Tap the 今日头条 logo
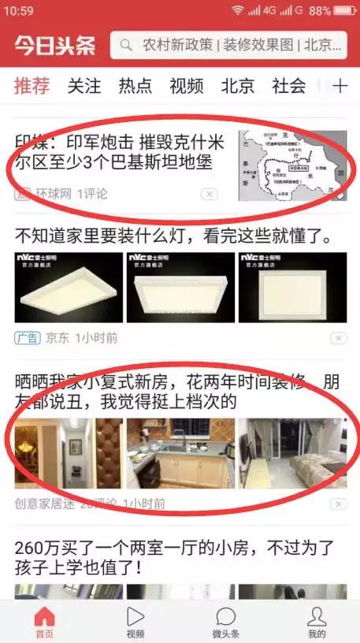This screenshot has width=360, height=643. (54, 46)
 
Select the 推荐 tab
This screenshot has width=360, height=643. (32, 86)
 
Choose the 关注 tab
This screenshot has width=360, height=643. (84, 86)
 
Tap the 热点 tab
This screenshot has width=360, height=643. (135, 86)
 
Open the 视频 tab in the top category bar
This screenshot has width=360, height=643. (187, 86)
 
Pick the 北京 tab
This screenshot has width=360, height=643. (238, 86)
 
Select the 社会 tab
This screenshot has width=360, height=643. (288, 86)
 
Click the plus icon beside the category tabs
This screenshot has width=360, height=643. (340, 86)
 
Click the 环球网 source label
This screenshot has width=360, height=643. (54, 193)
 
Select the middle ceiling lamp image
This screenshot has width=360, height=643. (180, 287)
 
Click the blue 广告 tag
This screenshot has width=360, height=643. (27, 338)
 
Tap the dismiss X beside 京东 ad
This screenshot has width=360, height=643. (338, 338)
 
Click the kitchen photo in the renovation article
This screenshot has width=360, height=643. (180, 453)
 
